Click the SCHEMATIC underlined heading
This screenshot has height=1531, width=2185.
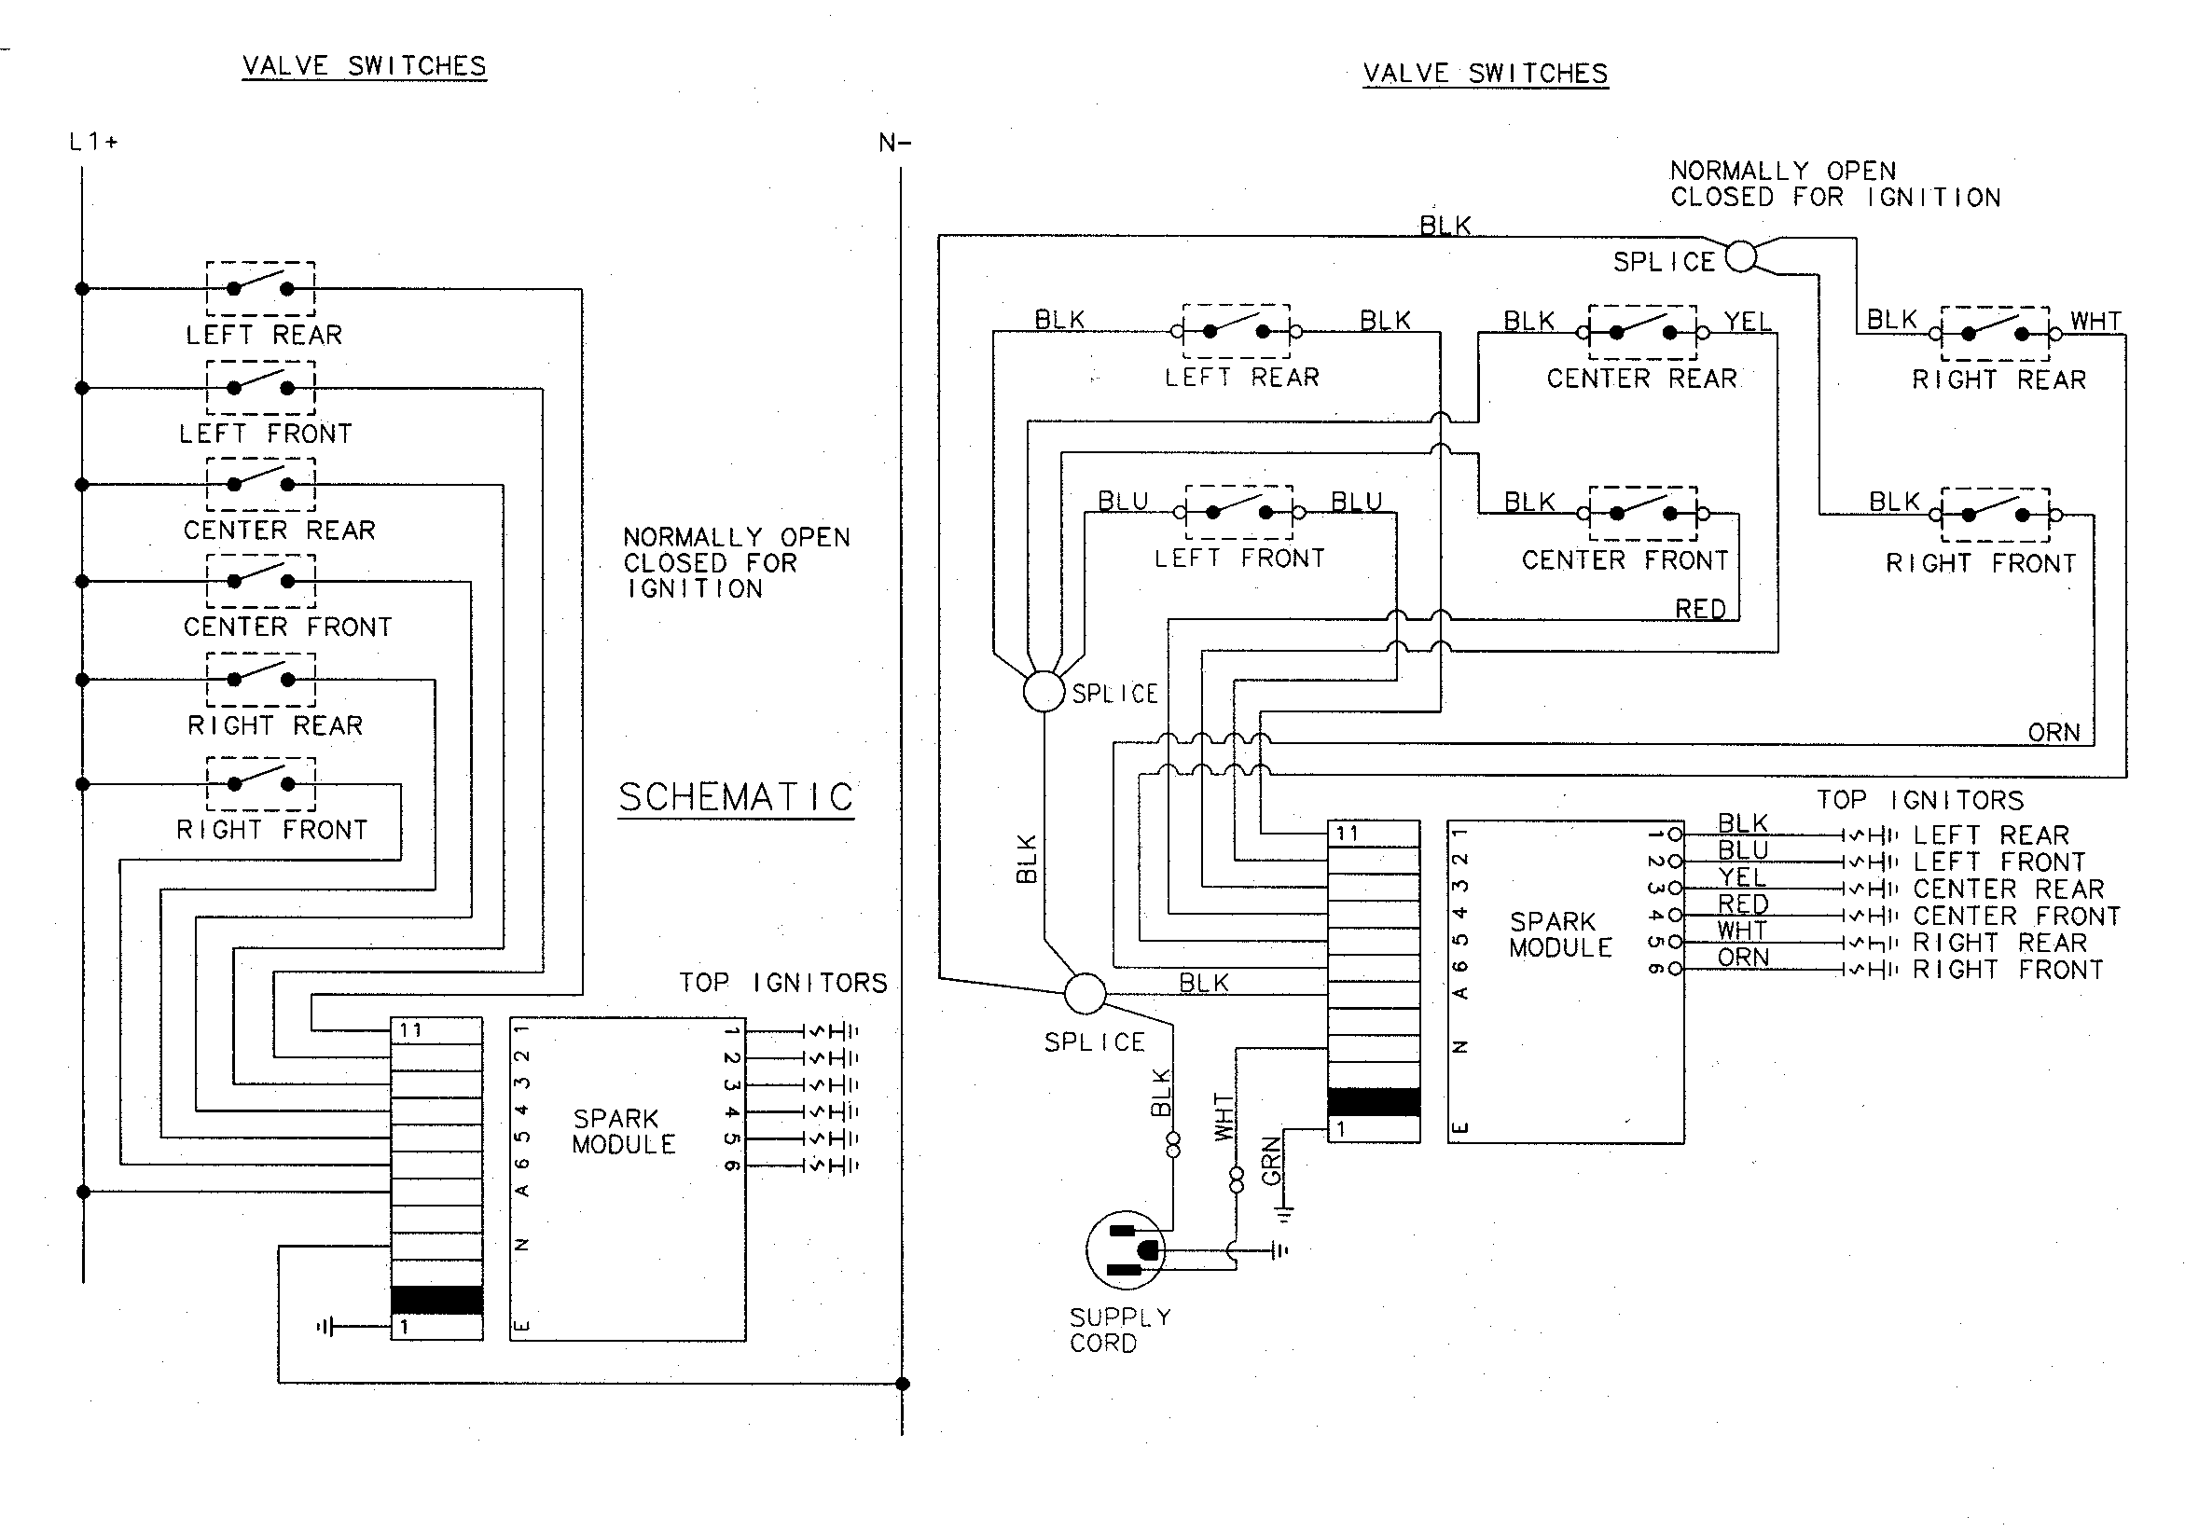tap(736, 797)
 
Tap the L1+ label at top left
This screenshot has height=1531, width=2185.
tap(93, 143)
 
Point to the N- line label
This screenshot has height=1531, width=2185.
tap(894, 144)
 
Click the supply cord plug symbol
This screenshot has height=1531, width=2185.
tap(1126, 1250)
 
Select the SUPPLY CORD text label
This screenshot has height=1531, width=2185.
tap(1119, 1331)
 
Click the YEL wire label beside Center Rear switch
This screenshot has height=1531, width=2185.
tap(1748, 322)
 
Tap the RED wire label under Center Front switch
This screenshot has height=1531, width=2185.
tap(1700, 609)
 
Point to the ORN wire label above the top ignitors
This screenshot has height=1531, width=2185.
tap(2054, 733)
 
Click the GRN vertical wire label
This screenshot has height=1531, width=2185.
tap(1271, 1163)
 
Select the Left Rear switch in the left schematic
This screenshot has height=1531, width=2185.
tap(261, 288)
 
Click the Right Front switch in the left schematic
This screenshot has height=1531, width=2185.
tap(261, 784)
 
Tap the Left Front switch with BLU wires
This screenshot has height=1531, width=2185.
tap(1239, 512)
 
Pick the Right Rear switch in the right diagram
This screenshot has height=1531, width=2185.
tap(1995, 334)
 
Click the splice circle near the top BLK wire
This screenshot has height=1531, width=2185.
tap(1740, 256)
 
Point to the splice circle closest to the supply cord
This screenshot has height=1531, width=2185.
tap(1084, 994)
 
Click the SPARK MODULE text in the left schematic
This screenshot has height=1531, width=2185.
tap(623, 1131)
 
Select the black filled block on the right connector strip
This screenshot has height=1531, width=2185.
tap(1374, 1102)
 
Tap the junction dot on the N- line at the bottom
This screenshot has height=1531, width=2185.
tap(902, 1384)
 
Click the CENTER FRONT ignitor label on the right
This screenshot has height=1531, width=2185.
tap(2016, 917)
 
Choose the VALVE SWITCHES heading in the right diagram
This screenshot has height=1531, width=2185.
tap(1485, 74)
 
